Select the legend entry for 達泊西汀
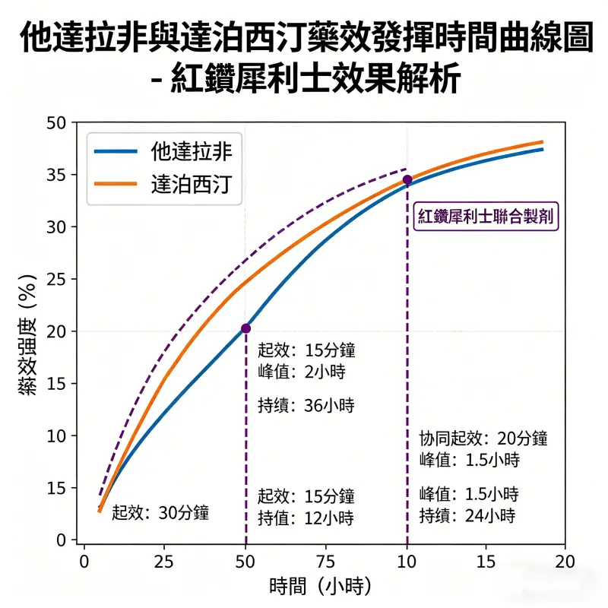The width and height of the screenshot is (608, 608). pyautogui.click(x=163, y=185)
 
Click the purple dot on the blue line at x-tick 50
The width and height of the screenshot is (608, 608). pyautogui.click(x=245, y=328)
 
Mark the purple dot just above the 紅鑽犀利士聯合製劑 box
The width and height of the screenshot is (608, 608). pyautogui.click(x=407, y=180)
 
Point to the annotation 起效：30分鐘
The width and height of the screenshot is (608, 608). pyautogui.click(x=160, y=512)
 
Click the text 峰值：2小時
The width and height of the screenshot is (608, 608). pyautogui.click(x=297, y=372)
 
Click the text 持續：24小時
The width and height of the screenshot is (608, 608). pyautogui.click(x=467, y=515)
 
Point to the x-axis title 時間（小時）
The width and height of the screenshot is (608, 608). pyautogui.click(x=320, y=586)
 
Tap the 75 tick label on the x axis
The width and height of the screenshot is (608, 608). pyautogui.click(x=326, y=560)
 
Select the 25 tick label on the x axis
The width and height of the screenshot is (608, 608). pyautogui.click(x=165, y=560)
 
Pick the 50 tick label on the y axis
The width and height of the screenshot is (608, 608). pyautogui.click(x=58, y=123)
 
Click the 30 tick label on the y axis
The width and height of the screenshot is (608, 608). pyautogui.click(x=58, y=227)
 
